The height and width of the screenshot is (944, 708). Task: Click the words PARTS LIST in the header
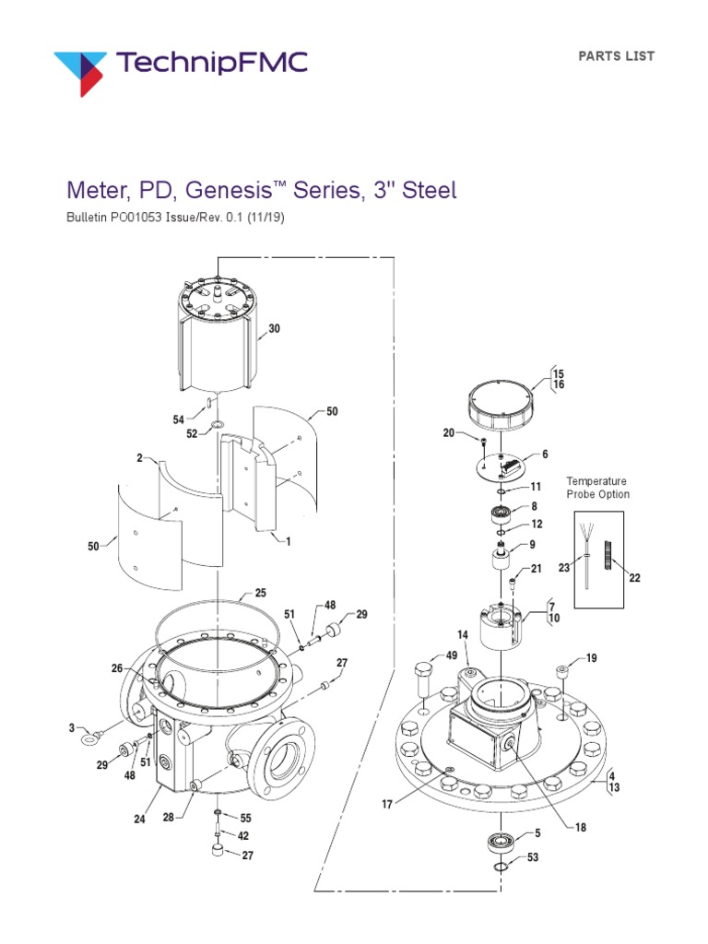616,56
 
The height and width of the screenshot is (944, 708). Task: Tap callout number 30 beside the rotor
274,328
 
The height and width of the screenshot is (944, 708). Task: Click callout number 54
179,419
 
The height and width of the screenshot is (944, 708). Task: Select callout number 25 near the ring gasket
261,594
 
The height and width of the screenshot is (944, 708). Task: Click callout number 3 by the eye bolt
71,728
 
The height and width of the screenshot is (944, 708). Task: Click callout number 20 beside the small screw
449,432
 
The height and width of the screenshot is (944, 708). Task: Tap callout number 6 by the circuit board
545,454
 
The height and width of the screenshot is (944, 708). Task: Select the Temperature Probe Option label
597,488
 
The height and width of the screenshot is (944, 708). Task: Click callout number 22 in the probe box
634,578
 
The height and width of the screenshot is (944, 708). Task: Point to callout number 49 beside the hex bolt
451,655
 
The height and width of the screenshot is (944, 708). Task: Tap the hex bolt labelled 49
424,680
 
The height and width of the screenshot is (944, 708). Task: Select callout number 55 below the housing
246,818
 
